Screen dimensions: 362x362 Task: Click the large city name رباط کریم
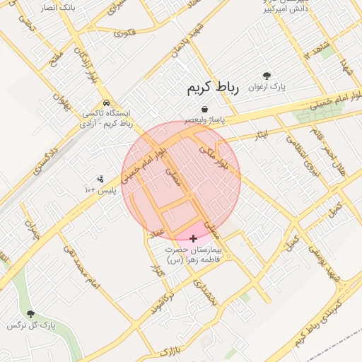coord(214,88)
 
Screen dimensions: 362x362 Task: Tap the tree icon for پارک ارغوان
coord(267,76)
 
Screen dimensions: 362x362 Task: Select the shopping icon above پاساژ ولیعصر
coord(204,109)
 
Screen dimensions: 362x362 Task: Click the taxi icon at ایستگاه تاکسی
coord(106,102)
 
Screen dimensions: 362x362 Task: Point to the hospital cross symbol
coord(194,239)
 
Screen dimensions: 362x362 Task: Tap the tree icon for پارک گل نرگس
coord(30,313)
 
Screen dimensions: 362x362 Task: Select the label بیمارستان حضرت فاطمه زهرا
coord(194,255)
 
